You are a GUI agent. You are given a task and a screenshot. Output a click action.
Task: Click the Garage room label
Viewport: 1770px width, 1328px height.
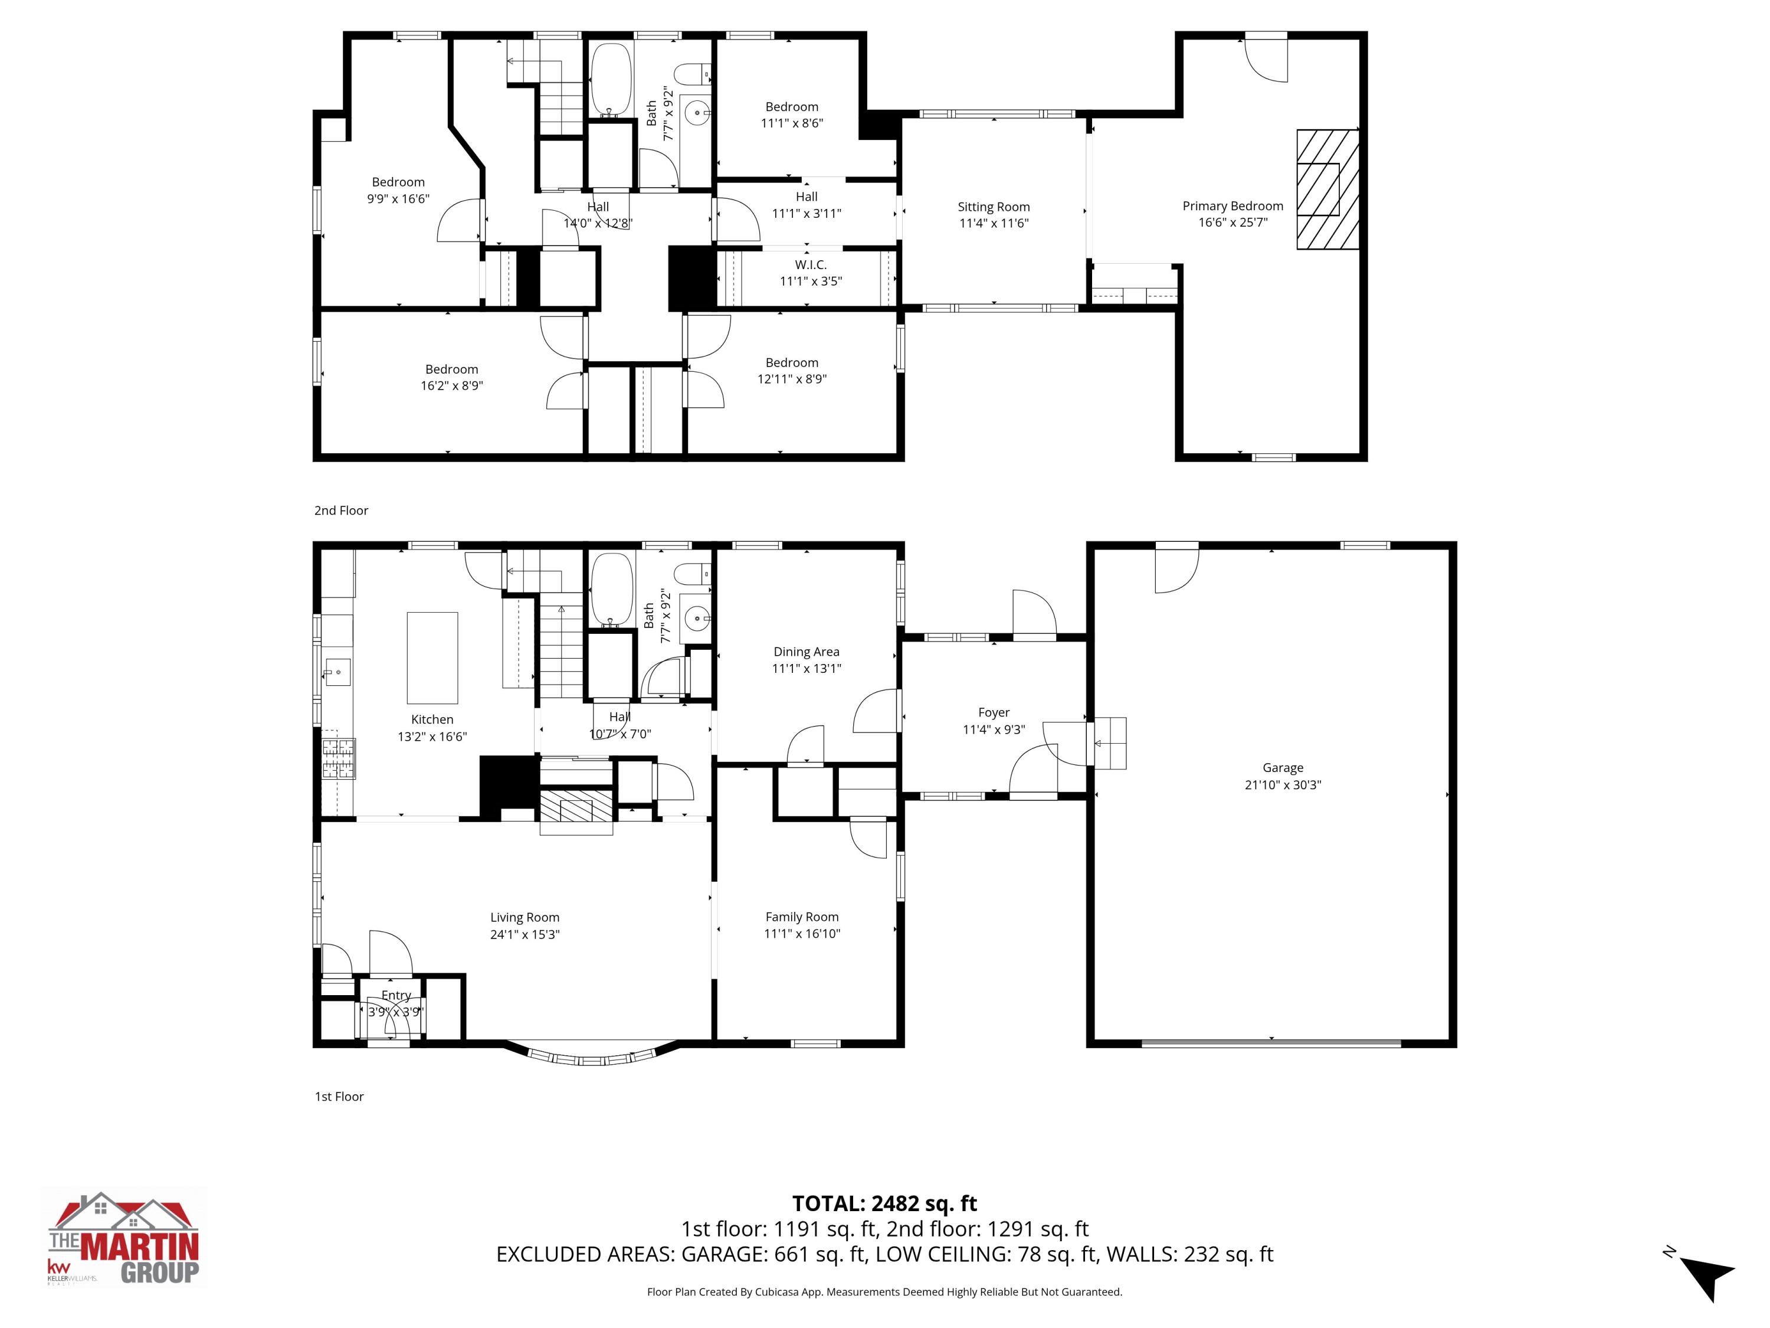click(x=1283, y=768)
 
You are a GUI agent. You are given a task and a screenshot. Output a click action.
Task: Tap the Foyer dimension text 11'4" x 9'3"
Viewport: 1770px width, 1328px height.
click(x=993, y=730)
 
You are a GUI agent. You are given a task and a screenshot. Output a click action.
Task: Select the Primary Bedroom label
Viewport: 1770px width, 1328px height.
click(x=1233, y=206)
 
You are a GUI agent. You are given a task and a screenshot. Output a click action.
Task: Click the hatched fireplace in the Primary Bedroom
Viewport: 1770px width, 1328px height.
click(x=1327, y=189)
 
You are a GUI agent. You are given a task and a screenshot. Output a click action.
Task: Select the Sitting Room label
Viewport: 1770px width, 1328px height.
click(x=993, y=207)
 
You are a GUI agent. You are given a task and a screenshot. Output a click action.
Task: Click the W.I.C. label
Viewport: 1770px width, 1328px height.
click(x=811, y=264)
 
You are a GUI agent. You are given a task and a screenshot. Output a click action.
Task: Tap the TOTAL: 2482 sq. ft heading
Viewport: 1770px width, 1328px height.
click(x=884, y=1203)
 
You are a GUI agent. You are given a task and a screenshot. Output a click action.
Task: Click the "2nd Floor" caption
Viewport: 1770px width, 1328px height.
click(x=341, y=511)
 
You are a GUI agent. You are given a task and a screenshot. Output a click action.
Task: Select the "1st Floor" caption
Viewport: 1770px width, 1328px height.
click(x=339, y=1097)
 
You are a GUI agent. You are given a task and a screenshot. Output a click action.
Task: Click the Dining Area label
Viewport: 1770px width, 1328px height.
click(x=806, y=652)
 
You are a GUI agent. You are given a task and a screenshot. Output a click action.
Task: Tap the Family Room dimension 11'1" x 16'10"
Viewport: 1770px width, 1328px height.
click(x=802, y=933)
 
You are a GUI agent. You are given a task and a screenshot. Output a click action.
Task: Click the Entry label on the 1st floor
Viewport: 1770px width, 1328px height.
click(x=396, y=995)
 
